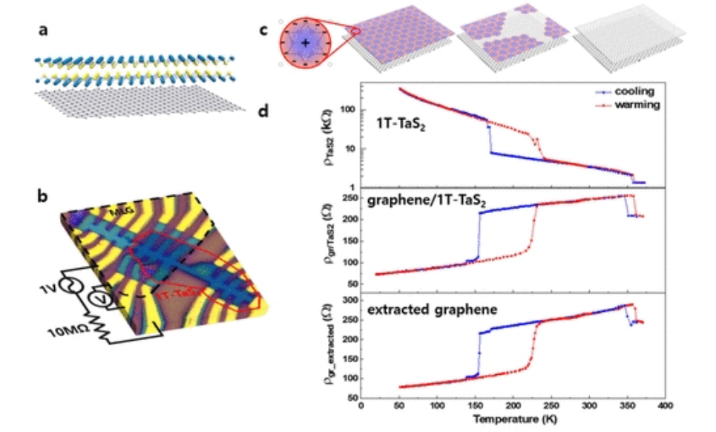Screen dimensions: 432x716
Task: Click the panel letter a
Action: (44, 32)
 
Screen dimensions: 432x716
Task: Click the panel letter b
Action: (44, 198)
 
